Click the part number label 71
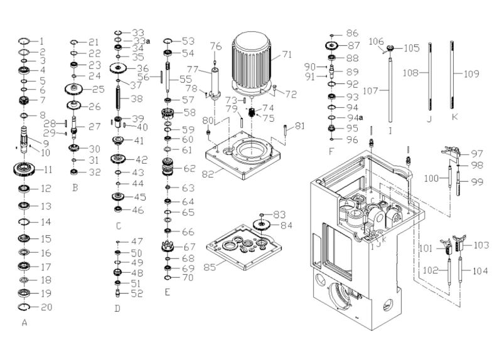[x=287, y=55]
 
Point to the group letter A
[x=24, y=324]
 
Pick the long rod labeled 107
[x=390, y=88]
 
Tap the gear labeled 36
[x=117, y=68]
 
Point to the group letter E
[x=167, y=292]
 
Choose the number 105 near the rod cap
[x=412, y=48]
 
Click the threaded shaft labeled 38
[x=118, y=99]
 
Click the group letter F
[x=331, y=152]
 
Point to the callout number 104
[x=481, y=272]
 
